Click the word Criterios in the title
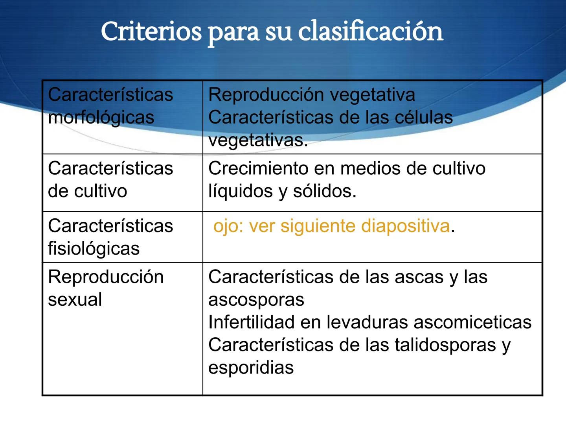151,31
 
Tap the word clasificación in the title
371,31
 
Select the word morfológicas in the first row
101,118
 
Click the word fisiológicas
94,249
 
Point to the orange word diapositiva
405,226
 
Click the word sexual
75,299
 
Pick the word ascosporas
256,300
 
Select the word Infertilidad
252,322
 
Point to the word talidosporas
445,345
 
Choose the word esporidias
251,368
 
